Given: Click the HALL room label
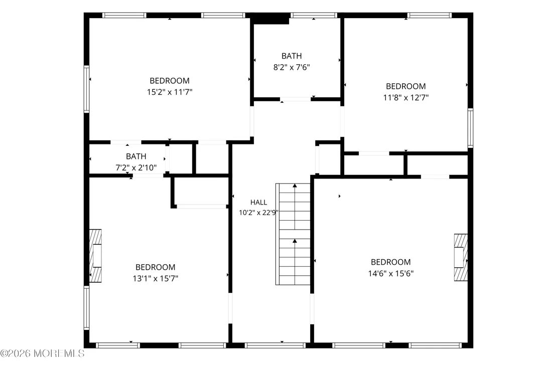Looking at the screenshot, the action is click(258, 203).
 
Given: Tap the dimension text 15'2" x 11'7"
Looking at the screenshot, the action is click(170, 92).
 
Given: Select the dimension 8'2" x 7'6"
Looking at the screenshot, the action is click(292, 67).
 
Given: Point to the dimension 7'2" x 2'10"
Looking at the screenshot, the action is click(136, 167).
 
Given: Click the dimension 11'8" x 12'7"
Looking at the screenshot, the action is click(405, 97).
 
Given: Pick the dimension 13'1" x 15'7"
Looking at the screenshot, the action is click(156, 279).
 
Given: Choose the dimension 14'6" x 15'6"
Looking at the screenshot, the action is click(391, 274).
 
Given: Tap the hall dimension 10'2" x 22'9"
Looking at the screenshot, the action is click(258, 213).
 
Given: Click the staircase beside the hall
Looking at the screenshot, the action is click(293, 234).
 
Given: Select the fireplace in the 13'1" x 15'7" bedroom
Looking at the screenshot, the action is click(95, 256).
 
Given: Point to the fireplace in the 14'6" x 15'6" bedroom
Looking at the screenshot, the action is click(461, 257).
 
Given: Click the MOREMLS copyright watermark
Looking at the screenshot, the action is click(42, 353).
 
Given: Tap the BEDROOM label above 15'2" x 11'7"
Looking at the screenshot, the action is click(170, 81).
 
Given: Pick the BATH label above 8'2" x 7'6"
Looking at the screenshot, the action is click(292, 56).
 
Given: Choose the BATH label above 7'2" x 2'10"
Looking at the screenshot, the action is click(136, 156).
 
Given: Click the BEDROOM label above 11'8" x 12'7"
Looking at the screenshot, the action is click(405, 86).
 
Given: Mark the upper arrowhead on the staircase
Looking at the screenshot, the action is click(295, 186).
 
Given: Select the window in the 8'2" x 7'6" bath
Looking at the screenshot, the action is click(314, 15).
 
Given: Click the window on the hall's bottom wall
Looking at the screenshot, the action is click(275, 345).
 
